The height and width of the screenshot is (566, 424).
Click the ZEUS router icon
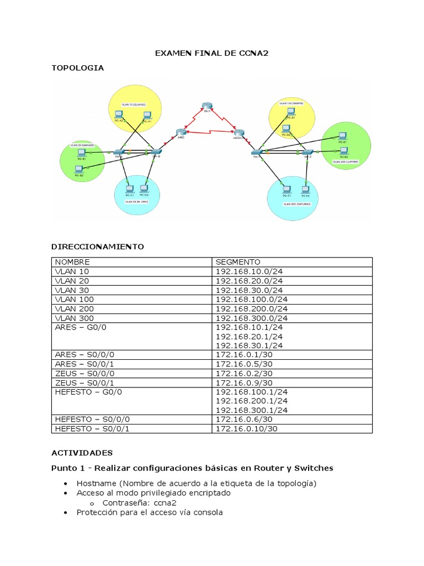[x=206, y=107]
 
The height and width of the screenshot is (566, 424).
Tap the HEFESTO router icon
[x=239, y=133]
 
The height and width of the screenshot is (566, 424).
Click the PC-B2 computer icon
[x=79, y=169]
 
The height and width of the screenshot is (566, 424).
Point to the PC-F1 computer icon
[x=286, y=189]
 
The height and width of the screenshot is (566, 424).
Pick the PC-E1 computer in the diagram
[x=343, y=135]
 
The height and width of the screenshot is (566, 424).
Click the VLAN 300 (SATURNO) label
[x=297, y=204]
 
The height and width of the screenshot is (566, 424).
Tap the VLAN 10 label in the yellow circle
[x=135, y=104]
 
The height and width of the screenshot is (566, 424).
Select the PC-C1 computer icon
[x=129, y=188]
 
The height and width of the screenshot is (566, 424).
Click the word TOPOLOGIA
[x=77, y=68]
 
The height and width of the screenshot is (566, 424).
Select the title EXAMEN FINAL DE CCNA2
[x=211, y=54]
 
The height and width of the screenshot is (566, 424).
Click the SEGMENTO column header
[x=237, y=262]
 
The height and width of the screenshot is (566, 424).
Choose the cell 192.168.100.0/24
[x=252, y=300]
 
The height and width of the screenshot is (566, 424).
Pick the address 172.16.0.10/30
[x=246, y=428]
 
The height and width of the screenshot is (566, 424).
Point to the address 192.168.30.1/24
[x=249, y=345]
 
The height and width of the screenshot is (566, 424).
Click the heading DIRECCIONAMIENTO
[x=98, y=247]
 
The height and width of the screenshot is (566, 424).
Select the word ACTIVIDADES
[x=82, y=453]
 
